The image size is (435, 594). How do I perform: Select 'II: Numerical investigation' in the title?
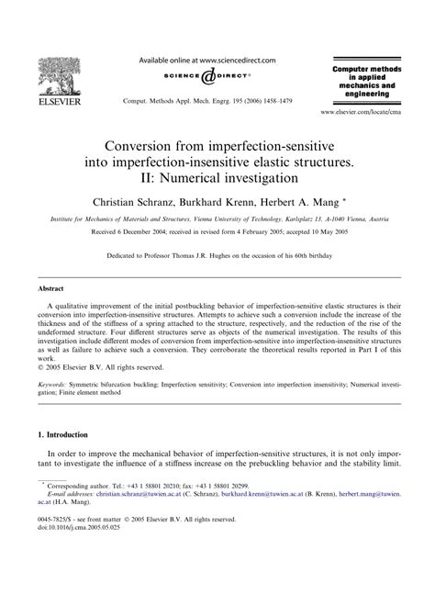[x=217, y=175]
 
